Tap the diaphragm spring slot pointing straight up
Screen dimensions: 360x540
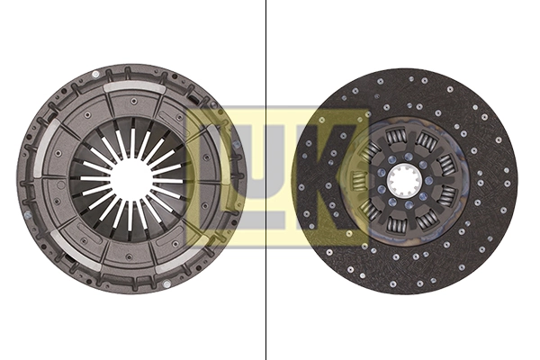[131, 144]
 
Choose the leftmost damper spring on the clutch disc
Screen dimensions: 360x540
[358, 181]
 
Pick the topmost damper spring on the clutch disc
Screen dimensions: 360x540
[398, 137]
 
